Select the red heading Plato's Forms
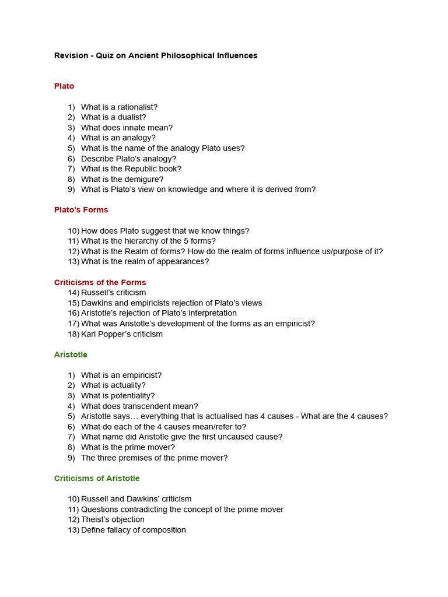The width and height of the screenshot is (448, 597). (81, 210)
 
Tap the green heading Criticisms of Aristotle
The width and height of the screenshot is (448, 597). (97, 479)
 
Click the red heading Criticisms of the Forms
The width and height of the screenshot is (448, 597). (100, 283)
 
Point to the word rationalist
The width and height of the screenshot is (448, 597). (136, 107)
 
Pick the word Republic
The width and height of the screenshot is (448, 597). (142, 169)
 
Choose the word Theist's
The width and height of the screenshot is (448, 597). (94, 519)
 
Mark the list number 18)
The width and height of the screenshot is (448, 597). (73, 335)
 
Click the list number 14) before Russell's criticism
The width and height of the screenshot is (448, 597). (73, 293)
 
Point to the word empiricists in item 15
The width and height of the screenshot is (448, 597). (146, 303)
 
